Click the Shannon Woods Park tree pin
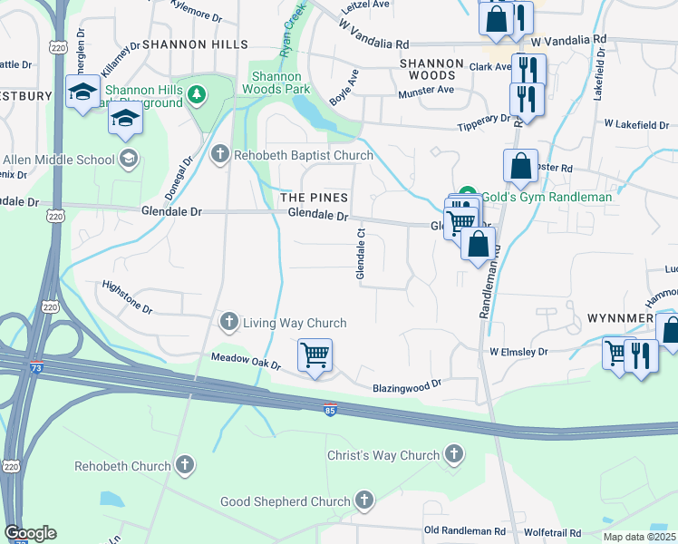click(194, 92)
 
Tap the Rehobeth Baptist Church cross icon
click(219, 155)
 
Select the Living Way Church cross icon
click(229, 323)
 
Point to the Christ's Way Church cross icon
click(454, 454)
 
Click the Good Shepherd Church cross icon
click(364, 500)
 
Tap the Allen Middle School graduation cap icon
click(129, 160)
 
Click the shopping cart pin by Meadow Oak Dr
click(315, 355)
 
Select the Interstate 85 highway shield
click(330, 410)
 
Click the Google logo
click(30, 533)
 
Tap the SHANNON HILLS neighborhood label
click(195, 44)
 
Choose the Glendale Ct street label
click(361, 253)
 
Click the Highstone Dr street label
click(127, 296)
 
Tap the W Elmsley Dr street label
click(518, 351)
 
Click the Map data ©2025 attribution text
click(639, 537)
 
